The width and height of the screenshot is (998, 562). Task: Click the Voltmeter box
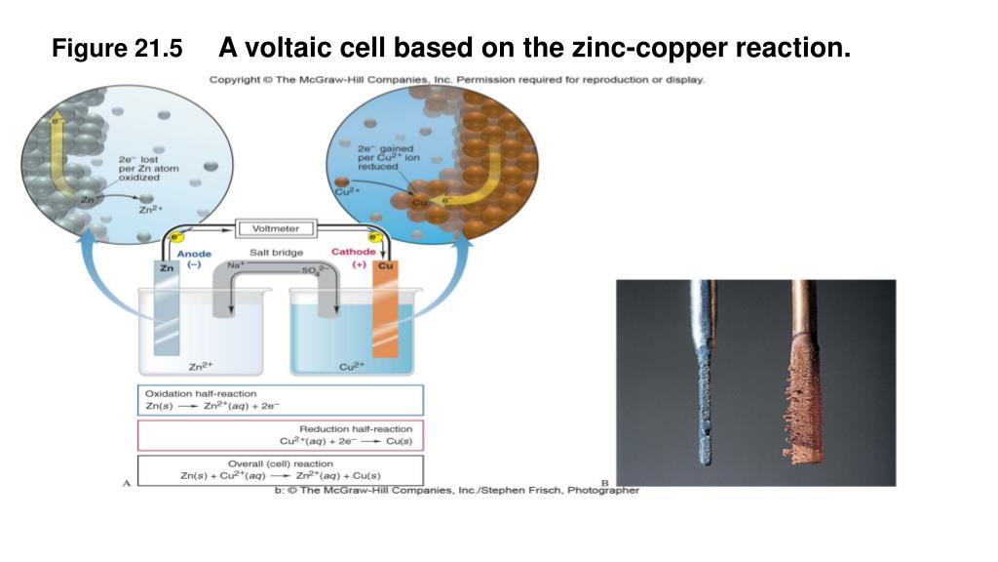[x=276, y=228]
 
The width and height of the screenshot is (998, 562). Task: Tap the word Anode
[x=193, y=255]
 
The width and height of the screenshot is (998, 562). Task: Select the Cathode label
[x=353, y=253]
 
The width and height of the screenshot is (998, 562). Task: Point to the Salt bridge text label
[x=277, y=253]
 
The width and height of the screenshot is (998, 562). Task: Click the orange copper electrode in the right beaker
[x=384, y=312]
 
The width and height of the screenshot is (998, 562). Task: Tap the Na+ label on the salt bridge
[x=235, y=265]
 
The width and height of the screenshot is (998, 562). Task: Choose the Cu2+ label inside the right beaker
[x=351, y=367]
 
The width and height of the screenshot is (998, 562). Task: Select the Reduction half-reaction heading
[x=355, y=428]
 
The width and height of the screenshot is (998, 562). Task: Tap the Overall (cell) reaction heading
[x=280, y=463]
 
